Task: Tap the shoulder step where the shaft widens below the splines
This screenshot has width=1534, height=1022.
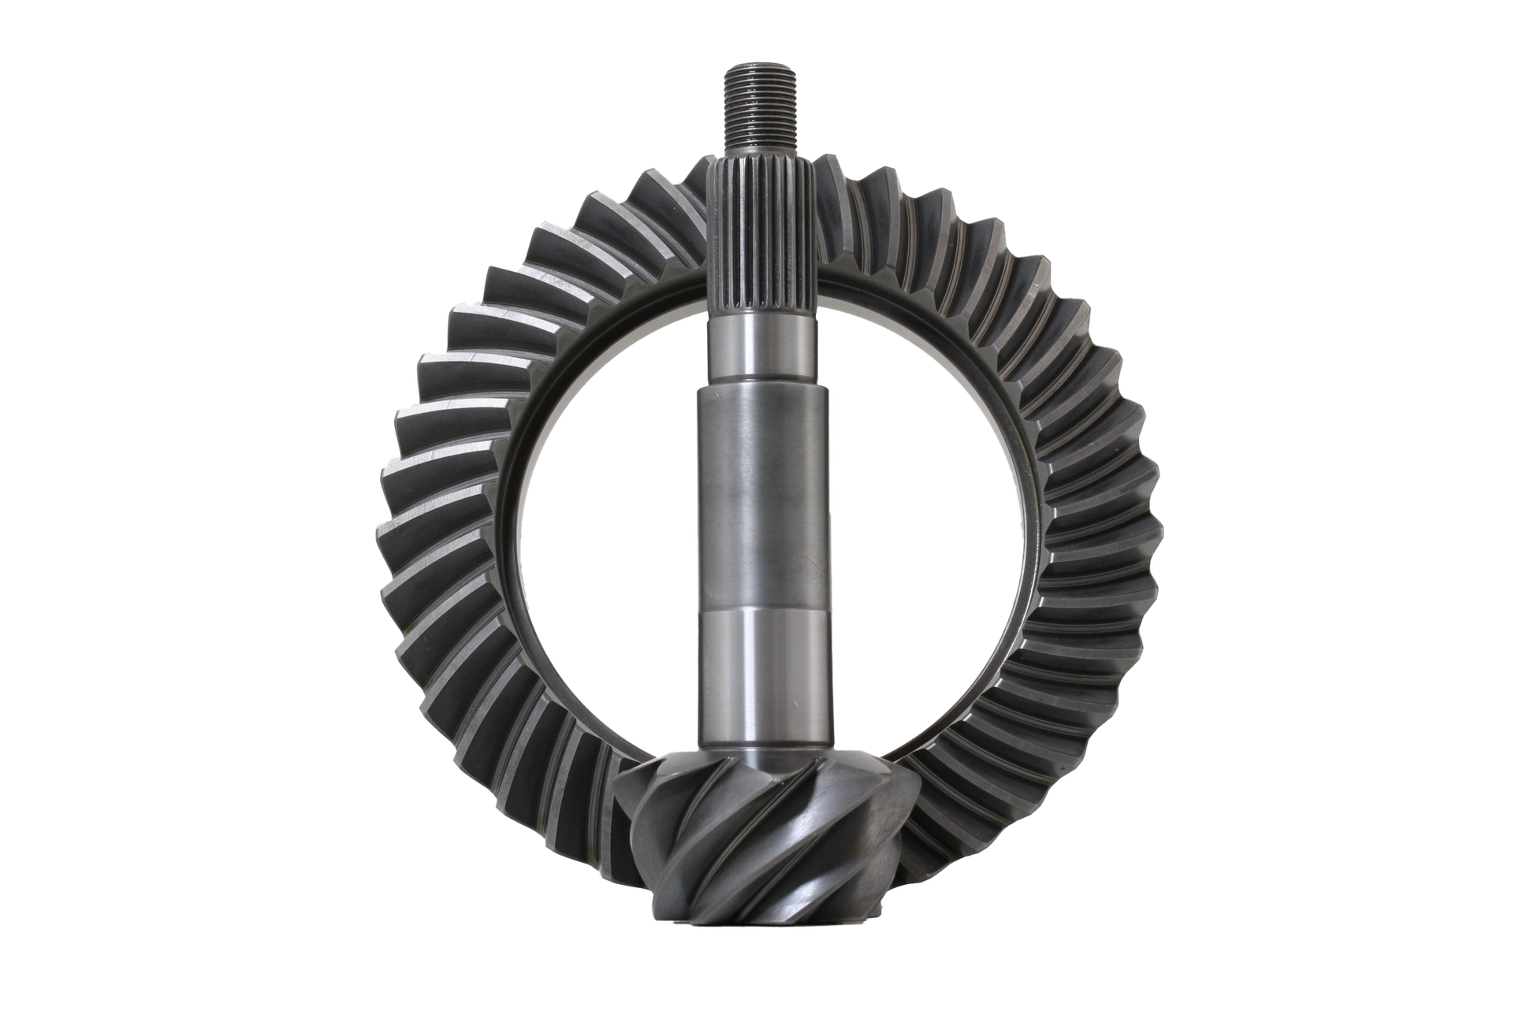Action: pos(761,385)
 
